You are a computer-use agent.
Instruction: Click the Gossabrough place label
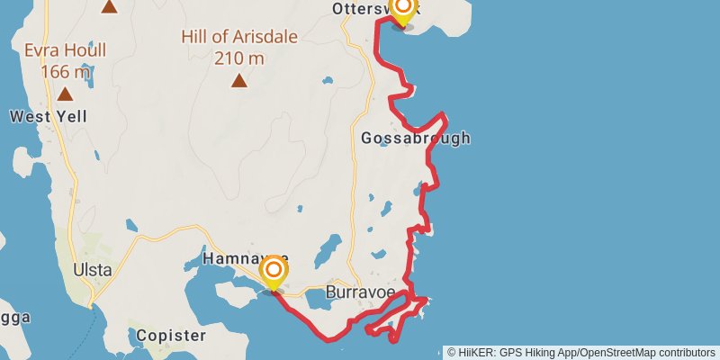[x=415, y=139]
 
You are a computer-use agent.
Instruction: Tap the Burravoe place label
[x=360, y=292]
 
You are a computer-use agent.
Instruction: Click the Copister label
[x=171, y=336]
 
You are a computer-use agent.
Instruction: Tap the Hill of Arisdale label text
[x=238, y=37]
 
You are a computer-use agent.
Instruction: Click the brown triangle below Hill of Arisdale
[x=238, y=81]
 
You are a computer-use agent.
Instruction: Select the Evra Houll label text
[x=65, y=50]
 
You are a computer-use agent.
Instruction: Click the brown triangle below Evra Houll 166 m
[x=65, y=94]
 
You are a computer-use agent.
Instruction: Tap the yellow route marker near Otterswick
[x=402, y=11]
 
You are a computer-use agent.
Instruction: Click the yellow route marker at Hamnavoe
[x=274, y=273]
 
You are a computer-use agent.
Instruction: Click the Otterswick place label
[x=369, y=8]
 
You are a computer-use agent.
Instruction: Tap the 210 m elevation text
[x=239, y=58]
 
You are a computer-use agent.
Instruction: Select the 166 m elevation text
[x=66, y=71]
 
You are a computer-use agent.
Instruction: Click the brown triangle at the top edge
[x=109, y=6]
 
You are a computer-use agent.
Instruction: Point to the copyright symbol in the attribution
[x=452, y=352]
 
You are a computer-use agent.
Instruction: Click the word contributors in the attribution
[x=688, y=352]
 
